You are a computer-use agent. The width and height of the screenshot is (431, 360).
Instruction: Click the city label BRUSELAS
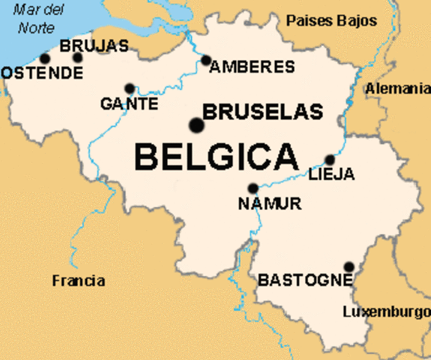[x=262, y=112]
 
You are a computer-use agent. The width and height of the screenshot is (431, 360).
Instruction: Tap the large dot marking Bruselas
[x=197, y=124]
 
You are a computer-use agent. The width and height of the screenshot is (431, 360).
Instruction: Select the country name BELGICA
[x=216, y=157]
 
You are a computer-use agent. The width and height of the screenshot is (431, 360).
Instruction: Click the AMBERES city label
[x=253, y=67]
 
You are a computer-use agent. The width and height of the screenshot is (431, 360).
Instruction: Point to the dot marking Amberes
[x=206, y=61]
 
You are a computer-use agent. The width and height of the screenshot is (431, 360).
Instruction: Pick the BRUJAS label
[x=94, y=46]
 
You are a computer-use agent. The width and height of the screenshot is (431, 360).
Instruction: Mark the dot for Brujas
[x=77, y=58]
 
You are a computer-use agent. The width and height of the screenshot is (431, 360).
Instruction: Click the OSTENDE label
[x=42, y=73]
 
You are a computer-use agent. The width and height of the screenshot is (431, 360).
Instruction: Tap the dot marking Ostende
[x=45, y=58]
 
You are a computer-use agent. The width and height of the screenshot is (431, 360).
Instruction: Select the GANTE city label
[x=129, y=103]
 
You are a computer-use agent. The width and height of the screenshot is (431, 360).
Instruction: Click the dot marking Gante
[x=130, y=88]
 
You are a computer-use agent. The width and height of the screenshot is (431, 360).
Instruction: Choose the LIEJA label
[x=331, y=175]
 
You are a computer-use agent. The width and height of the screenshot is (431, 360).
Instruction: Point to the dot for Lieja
[x=329, y=160]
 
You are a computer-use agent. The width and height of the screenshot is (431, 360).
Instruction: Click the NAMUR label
[x=269, y=203]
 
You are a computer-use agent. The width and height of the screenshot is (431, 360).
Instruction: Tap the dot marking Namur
[x=253, y=188]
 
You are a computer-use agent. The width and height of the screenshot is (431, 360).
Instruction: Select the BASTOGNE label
[x=304, y=280]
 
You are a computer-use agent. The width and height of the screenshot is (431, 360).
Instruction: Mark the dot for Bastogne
[x=349, y=266]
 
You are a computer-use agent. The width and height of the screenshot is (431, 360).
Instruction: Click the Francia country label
[x=79, y=281]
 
